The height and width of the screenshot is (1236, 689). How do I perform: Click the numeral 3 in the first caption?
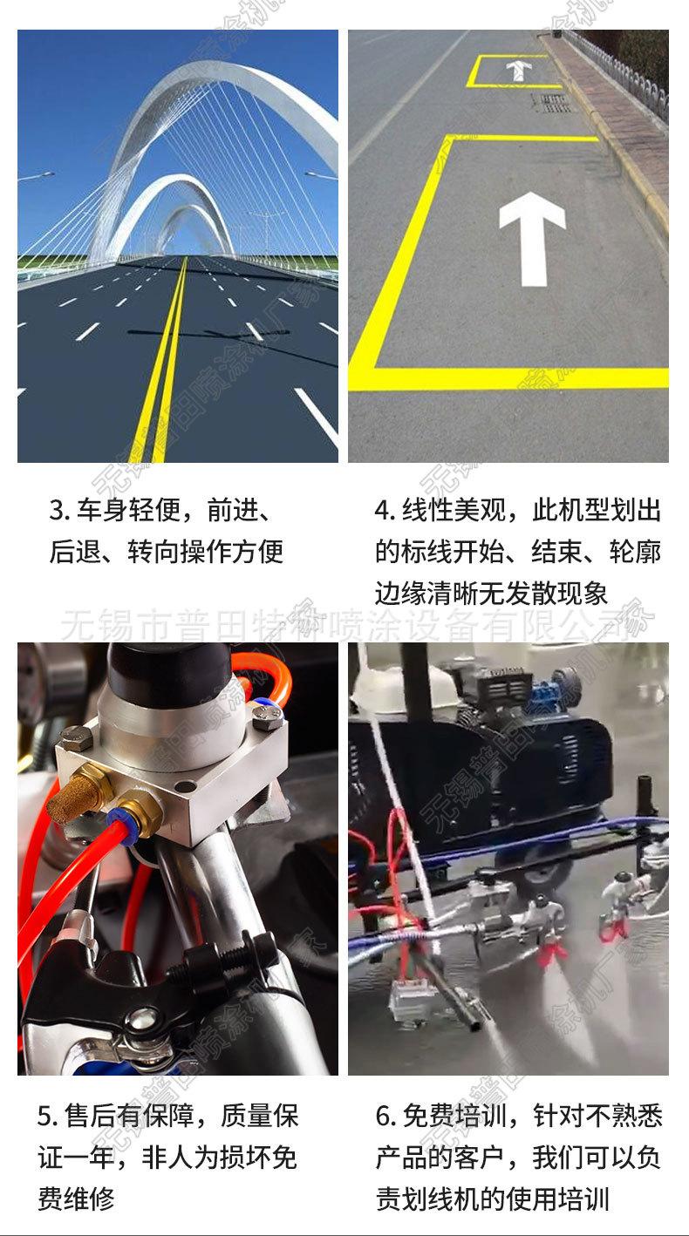[x=57, y=510]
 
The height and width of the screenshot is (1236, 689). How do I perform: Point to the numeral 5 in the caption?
[x=45, y=1116]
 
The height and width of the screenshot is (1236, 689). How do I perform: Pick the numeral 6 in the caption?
[x=384, y=1116]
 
